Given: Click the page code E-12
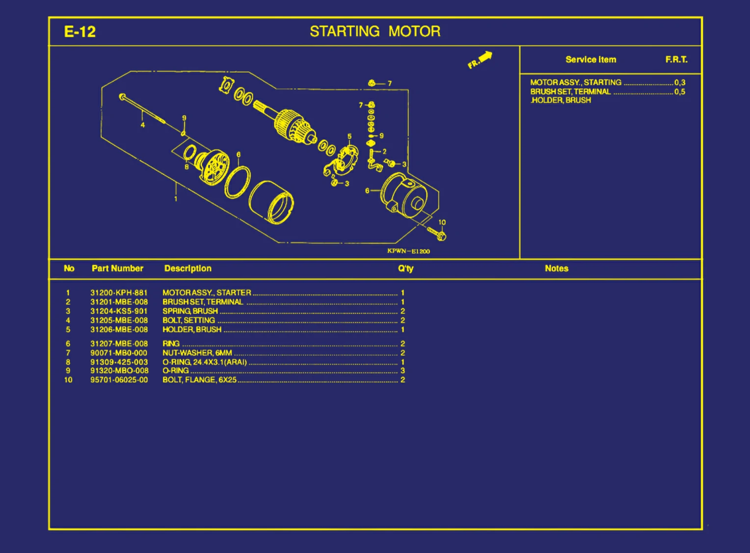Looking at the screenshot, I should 80,32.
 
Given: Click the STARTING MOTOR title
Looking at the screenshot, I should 375,31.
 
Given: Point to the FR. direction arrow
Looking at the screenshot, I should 480,60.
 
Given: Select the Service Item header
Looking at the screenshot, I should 590,60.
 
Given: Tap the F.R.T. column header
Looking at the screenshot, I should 676,60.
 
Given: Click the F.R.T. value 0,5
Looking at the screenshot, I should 679,92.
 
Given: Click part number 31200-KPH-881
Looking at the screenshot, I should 119,293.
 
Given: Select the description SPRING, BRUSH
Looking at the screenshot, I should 190,311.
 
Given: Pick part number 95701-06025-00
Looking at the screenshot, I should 119,380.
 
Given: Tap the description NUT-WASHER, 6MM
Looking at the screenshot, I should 197,353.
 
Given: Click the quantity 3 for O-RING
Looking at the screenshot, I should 402,371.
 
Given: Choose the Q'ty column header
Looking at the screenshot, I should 405,268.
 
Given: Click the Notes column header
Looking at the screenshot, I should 556,268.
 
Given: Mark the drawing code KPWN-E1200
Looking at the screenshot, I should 408,251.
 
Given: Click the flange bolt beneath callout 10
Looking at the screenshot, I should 436,234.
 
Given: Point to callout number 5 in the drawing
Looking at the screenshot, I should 349,136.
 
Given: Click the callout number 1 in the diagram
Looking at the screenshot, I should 176,199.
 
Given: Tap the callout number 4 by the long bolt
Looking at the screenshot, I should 143,125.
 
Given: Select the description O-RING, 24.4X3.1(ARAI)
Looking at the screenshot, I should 205,362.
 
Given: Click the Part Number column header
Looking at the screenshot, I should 117,268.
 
